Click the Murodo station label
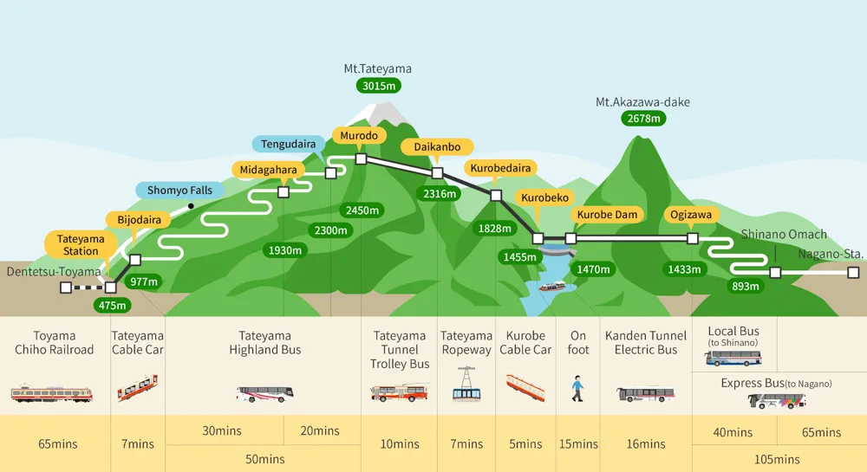358,136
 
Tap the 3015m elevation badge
378,85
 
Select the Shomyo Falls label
179,191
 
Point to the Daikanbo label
437,147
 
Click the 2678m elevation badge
642,118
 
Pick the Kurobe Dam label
607,215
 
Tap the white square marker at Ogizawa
692,238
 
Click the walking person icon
577,389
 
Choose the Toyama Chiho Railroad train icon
52,393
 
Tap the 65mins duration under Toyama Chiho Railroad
58,444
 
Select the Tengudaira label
289,144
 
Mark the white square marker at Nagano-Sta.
853,272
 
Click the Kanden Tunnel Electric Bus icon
645,394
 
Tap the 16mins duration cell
645,444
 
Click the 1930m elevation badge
285,250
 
